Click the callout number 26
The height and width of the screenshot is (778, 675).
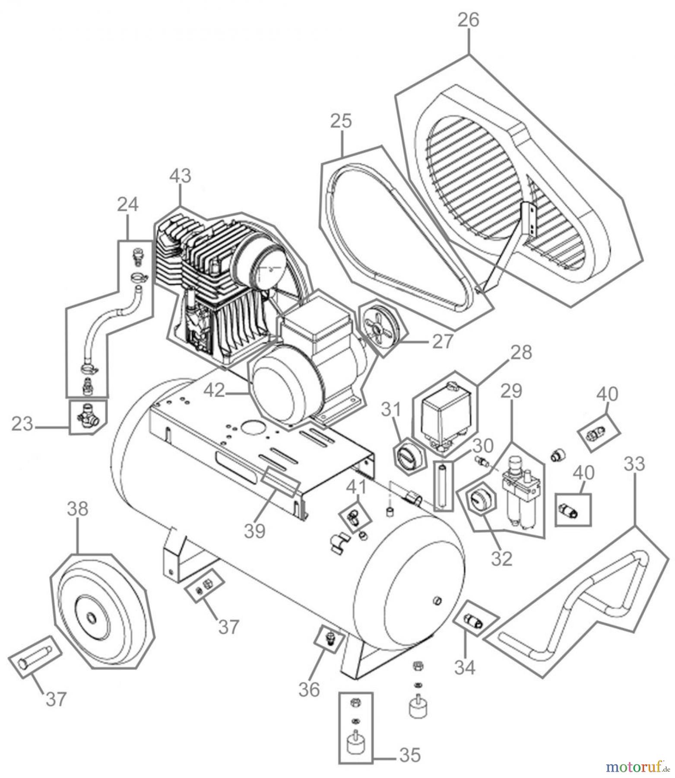click(x=468, y=20)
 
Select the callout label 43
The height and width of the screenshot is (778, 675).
click(x=180, y=176)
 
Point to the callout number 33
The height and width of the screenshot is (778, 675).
click(x=634, y=464)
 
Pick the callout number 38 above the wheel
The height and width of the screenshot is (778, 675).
click(x=78, y=509)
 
